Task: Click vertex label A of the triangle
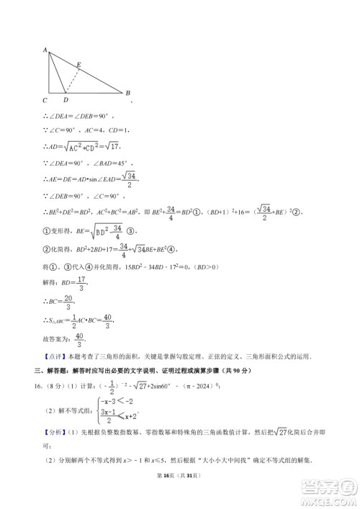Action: (45, 50)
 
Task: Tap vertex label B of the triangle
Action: (127, 93)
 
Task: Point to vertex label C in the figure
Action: (45, 100)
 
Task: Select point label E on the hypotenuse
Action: (78, 66)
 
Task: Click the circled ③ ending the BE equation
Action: (131, 232)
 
